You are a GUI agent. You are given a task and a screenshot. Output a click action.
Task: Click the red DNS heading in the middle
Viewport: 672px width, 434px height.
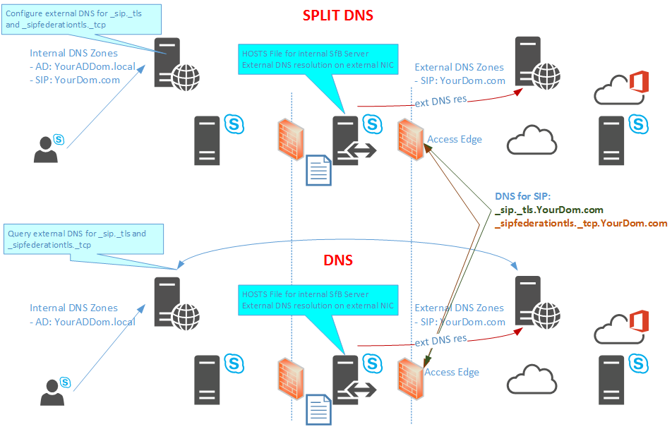(x=338, y=260)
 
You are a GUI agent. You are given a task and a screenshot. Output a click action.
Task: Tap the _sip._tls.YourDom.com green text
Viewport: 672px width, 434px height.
(x=549, y=210)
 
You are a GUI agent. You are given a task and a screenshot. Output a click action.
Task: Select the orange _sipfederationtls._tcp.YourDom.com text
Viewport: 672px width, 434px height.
(x=581, y=223)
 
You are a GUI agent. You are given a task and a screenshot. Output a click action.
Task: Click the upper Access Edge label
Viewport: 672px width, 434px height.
(x=455, y=139)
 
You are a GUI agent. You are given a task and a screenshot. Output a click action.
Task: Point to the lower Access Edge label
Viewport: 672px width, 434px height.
(x=452, y=372)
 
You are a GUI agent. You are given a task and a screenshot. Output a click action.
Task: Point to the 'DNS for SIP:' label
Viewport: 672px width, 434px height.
(x=526, y=196)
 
